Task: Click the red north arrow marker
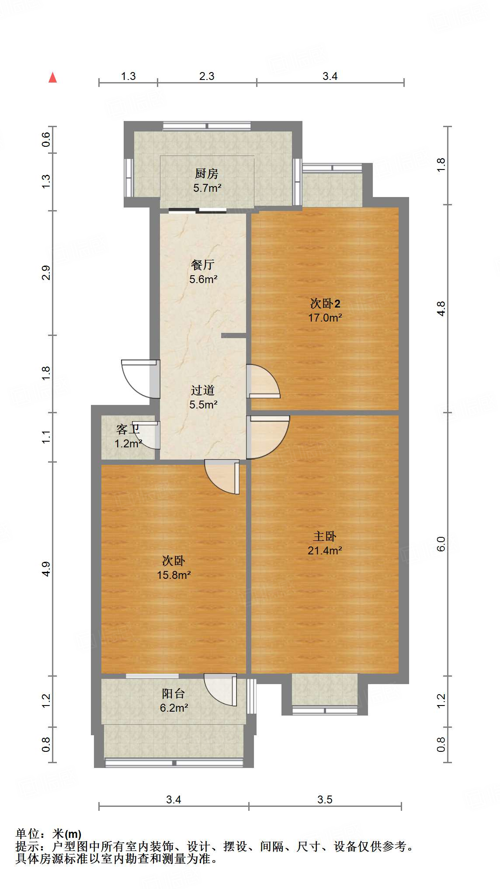click(53, 78)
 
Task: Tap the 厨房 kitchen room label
click(206, 174)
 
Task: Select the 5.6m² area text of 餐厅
click(203, 279)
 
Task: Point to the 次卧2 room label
click(325, 303)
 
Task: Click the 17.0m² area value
click(325, 318)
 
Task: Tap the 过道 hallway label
click(203, 390)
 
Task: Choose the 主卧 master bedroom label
click(324, 536)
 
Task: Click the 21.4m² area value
click(324, 550)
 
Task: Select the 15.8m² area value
click(174, 575)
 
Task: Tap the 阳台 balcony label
click(174, 693)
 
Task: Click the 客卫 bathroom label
click(128, 429)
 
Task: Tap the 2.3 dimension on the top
click(207, 76)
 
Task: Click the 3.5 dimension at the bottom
click(325, 799)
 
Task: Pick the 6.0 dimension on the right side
click(441, 543)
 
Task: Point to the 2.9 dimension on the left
click(46, 273)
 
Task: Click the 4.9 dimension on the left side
click(46, 569)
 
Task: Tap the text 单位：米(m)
click(49, 834)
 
